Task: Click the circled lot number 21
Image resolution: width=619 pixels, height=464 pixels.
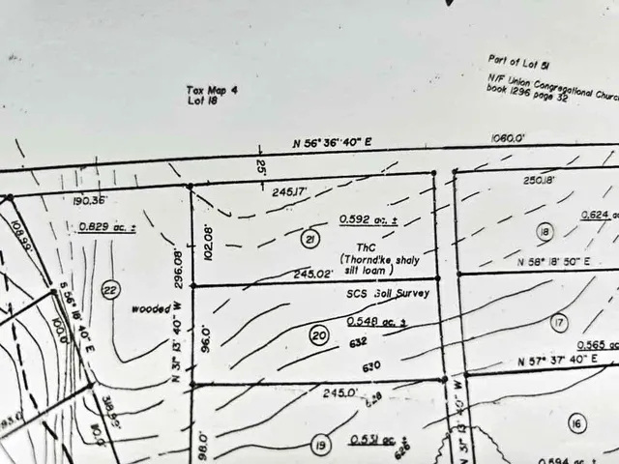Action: coord(309,240)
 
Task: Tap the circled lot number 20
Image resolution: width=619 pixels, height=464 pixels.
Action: coord(319,335)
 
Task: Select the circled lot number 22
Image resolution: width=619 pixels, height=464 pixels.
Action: coord(110,289)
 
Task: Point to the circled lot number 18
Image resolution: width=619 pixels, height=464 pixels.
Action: coord(545,231)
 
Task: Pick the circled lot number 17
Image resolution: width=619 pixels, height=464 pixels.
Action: coord(559,322)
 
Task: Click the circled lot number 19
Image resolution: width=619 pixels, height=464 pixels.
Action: coord(319,446)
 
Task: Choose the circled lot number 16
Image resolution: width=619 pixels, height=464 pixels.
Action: coord(577,423)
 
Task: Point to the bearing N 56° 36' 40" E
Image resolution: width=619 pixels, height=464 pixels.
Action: coord(333,142)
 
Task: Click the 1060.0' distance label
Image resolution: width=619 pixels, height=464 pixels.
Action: coord(507,138)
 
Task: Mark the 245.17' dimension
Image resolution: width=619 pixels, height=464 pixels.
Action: coord(289,192)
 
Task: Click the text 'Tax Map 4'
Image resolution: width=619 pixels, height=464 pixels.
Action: coord(212,90)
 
